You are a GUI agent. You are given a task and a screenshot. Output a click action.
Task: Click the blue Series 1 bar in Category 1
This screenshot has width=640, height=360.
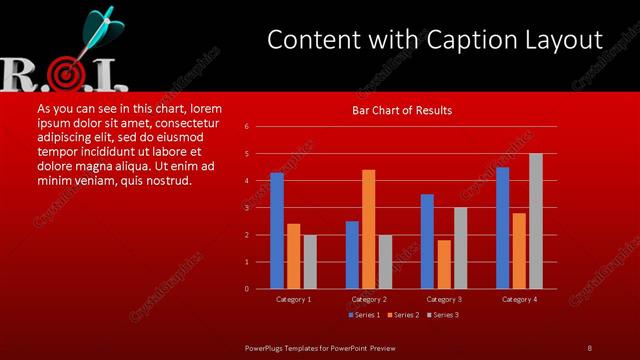click(277, 231)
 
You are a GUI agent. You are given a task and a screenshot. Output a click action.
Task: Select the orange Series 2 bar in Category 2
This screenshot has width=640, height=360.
click(368, 229)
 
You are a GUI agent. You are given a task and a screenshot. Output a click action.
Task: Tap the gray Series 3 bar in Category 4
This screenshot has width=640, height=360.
click(535, 221)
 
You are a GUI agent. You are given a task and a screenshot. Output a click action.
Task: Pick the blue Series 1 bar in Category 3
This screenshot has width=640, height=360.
click(427, 241)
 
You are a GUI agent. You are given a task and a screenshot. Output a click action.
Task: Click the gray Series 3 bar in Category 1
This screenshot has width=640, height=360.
click(310, 262)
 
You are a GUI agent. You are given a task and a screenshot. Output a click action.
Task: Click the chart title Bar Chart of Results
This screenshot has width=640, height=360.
click(403, 110)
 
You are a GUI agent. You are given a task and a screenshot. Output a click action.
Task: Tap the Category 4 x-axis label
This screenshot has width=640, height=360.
click(518, 299)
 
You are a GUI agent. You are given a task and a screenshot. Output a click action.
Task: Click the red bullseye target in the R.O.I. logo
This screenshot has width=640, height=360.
click(67, 73)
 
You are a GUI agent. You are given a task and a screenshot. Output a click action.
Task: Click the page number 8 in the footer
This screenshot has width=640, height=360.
click(589, 347)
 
